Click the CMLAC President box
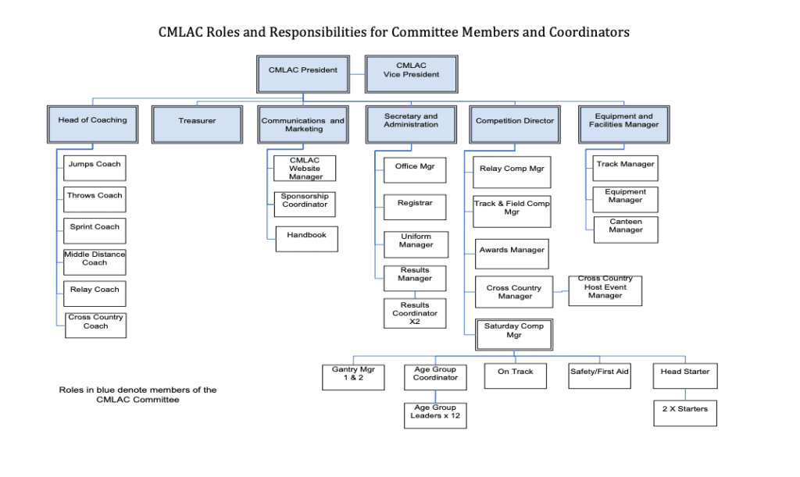pos(303,73)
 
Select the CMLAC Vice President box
pos(411,73)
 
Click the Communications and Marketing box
pos(302,124)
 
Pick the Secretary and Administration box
pos(411,124)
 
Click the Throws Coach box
pos(95,199)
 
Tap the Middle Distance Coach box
pos(95,262)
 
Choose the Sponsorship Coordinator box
pos(305,204)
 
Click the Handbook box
pos(306,239)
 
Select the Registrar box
pos(415,207)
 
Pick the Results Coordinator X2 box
pos(415,313)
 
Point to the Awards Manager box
pos(511,254)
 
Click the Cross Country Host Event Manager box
pos(605,290)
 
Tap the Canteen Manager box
pos(625,230)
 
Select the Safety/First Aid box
pos(599,376)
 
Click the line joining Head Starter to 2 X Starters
pos(685,394)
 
